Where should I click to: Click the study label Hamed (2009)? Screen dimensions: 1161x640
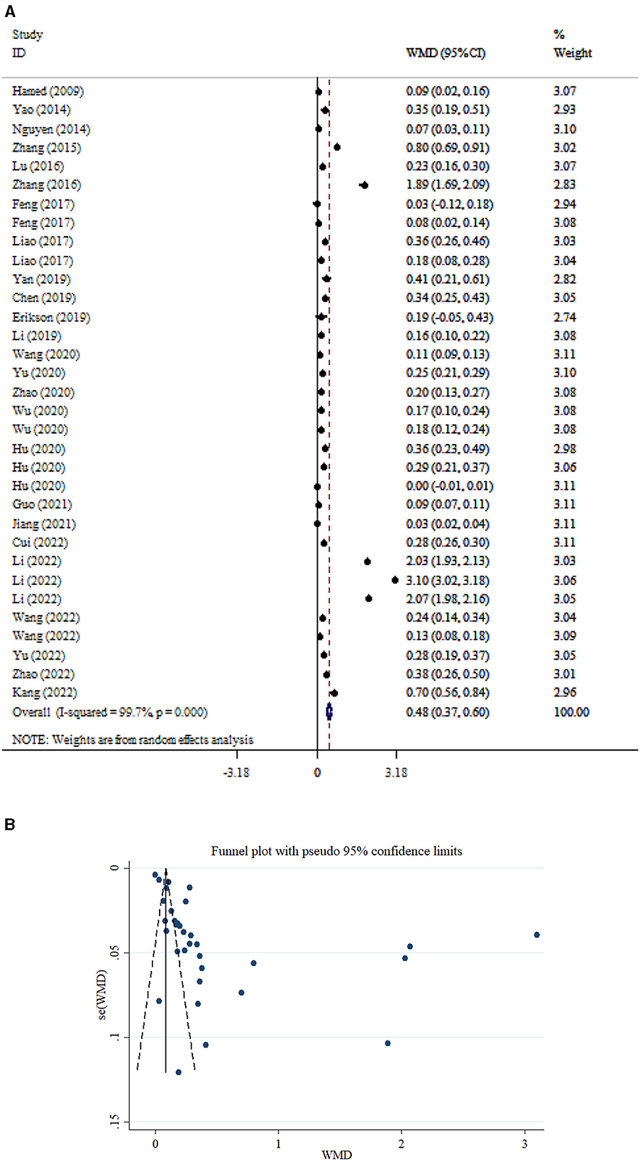click(48, 91)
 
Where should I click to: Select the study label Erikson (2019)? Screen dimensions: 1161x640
click(50, 317)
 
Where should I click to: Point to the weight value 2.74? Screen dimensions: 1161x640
click(564, 317)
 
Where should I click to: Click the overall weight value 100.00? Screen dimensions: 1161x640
click(571, 712)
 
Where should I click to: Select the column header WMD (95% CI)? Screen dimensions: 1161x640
click(446, 53)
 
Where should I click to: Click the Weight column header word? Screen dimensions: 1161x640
click(573, 53)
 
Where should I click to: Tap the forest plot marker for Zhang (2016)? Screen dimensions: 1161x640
click(364, 185)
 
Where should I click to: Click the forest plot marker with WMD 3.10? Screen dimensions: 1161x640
click(395, 580)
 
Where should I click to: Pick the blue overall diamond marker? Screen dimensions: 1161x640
click(329, 712)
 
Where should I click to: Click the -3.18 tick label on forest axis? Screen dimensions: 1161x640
click(236, 772)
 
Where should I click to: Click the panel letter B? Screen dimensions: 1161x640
click(10, 825)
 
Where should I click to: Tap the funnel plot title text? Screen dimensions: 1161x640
click(336, 851)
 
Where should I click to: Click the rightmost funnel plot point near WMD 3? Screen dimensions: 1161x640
click(537, 935)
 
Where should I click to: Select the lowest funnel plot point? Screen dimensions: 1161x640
click(178, 1072)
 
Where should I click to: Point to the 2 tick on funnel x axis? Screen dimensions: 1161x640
click(402, 1144)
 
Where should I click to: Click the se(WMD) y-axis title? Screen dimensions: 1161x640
click(102, 996)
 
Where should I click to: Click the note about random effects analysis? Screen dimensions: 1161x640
click(133, 740)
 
